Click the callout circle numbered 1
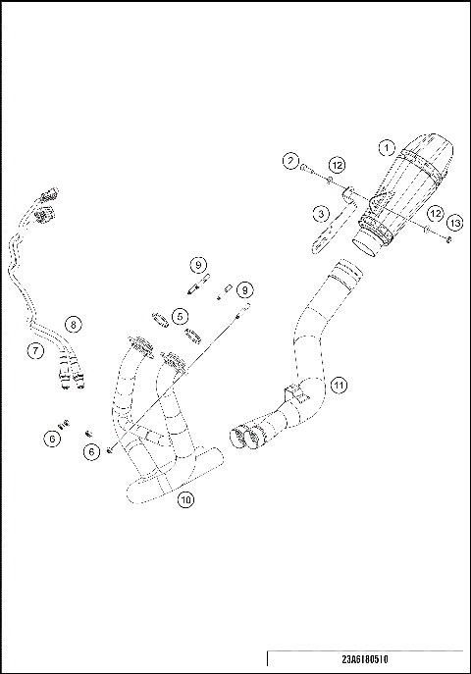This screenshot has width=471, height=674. [x=387, y=148]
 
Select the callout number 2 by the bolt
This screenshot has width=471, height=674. [x=291, y=160]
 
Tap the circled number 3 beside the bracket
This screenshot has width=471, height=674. [x=320, y=212]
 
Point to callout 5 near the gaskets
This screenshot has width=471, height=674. [x=180, y=317]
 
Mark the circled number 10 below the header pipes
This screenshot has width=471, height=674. [x=185, y=499]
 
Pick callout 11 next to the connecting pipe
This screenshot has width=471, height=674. [x=338, y=384]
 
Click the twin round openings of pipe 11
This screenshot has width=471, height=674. [x=246, y=437]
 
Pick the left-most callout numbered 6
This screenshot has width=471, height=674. [x=52, y=440]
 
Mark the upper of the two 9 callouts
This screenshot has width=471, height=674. [x=197, y=265]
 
